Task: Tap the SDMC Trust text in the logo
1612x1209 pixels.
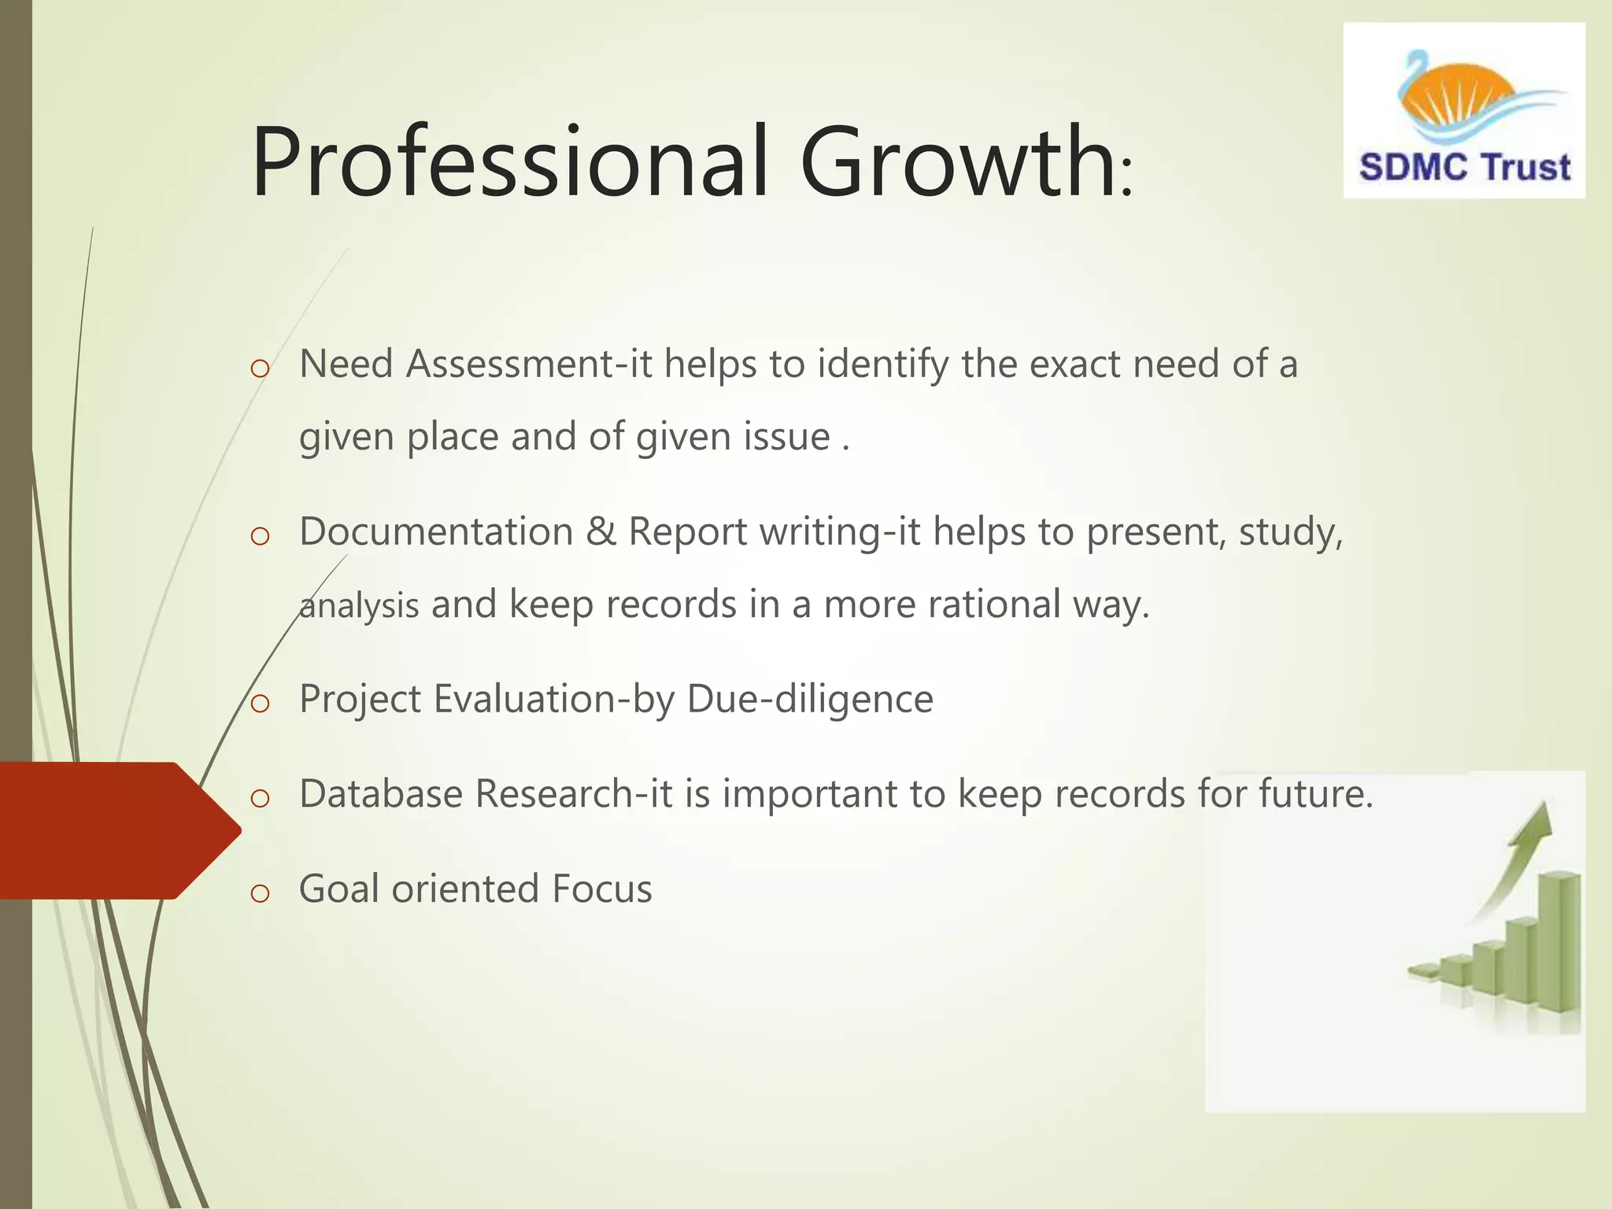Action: (x=1464, y=168)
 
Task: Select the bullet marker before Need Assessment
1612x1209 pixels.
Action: (x=260, y=368)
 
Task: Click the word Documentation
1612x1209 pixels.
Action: (x=436, y=531)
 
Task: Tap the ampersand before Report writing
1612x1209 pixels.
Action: (x=601, y=531)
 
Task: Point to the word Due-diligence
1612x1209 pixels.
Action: (x=810, y=699)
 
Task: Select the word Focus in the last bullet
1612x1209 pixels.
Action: (x=602, y=889)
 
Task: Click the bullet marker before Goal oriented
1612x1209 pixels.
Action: (x=260, y=893)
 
